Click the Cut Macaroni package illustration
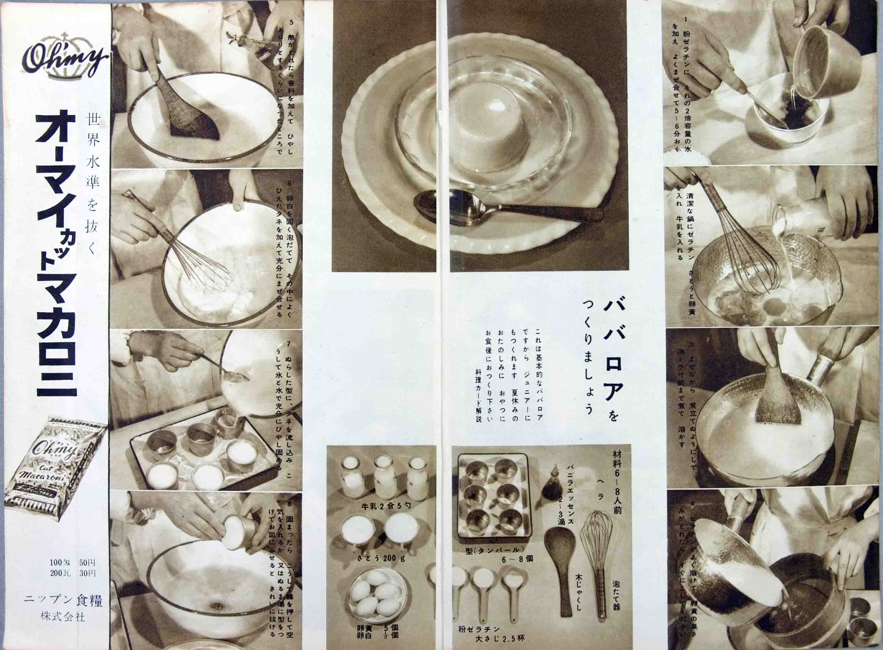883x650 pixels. pyautogui.click(x=55, y=468)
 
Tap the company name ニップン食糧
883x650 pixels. pyautogui.click(x=63, y=601)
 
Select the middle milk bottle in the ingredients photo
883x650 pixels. pyautogui.click(x=385, y=477)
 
